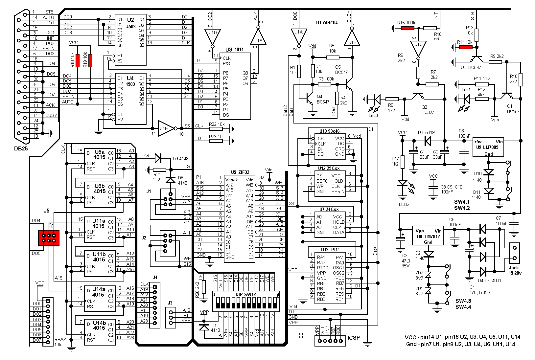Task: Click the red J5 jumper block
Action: click(x=49, y=238)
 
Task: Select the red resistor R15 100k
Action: click(x=407, y=28)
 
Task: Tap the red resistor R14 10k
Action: click(x=466, y=47)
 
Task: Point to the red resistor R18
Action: click(x=78, y=60)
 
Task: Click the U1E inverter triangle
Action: click(x=166, y=128)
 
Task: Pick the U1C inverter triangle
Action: click(x=418, y=49)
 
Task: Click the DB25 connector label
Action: click(x=21, y=148)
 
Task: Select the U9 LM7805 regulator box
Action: click(x=488, y=147)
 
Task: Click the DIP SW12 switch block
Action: click(x=246, y=301)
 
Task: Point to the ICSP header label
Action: click(x=354, y=338)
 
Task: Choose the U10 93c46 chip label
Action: click(x=329, y=131)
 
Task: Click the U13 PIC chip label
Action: click(x=330, y=250)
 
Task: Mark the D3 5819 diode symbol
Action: click(x=428, y=141)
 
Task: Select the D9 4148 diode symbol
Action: click(x=158, y=158)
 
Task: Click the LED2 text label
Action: click(x=404, y=204)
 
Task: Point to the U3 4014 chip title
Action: click(x=235, y=49)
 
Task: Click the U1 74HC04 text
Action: click(x=327, y=23)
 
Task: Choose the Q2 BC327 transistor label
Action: click(x=428, y=110)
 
